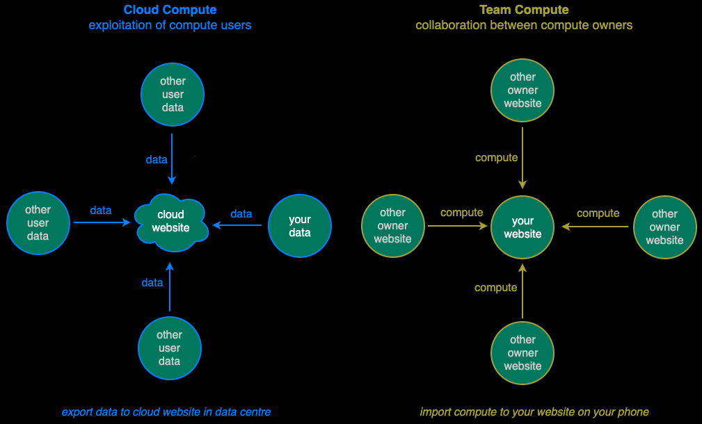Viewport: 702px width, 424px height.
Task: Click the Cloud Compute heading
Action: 170,10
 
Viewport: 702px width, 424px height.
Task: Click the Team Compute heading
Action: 524,10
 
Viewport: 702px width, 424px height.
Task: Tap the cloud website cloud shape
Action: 171,222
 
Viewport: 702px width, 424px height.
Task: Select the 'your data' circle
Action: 300,226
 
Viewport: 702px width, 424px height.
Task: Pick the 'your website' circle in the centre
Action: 522,227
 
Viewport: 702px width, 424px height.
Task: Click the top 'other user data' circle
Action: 173,95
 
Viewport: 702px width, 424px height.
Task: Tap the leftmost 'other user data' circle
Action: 38,223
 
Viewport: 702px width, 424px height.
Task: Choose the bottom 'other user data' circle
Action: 170,348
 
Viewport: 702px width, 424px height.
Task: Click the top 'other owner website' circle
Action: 522,90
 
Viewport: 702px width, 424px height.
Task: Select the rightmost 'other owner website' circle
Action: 664,227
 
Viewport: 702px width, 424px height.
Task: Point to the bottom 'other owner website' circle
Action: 522,353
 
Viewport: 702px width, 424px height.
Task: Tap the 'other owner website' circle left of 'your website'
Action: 392,226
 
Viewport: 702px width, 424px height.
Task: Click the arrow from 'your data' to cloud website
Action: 238,225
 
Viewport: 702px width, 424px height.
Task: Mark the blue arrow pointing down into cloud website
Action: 171,162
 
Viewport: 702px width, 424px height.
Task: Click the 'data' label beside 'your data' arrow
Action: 241,213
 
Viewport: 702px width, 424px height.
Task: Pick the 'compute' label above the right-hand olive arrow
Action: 598,213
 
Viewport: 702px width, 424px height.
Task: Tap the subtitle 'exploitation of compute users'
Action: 170,26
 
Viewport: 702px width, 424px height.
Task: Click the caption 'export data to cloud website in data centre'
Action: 166,412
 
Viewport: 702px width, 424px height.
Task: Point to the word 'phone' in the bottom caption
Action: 633,412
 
